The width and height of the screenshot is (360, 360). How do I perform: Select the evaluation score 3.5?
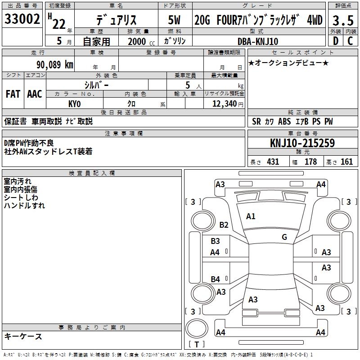[342, 20]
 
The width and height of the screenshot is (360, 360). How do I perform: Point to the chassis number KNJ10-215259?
[302, 143]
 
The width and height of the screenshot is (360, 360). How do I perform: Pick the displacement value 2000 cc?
[137, 41]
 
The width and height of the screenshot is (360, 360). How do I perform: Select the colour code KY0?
[74, 104]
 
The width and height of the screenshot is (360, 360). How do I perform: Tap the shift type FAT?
[13, 94]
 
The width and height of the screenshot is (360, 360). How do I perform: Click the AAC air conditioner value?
[35, 94]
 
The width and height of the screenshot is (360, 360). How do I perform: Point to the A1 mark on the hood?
[251, 216]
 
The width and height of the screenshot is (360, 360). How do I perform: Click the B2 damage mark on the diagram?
[224, 225]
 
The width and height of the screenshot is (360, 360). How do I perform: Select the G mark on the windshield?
[284, 237]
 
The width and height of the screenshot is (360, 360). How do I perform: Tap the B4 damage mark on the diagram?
[216, 279]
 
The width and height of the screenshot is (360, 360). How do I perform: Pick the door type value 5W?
[175, 20]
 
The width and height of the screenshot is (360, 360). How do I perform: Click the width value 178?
[310, 162]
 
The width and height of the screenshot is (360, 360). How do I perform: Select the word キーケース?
[23, 337]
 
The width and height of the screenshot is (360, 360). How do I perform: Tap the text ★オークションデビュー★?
[288, 63]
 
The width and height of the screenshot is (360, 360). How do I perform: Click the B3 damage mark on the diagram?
[216, 241]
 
